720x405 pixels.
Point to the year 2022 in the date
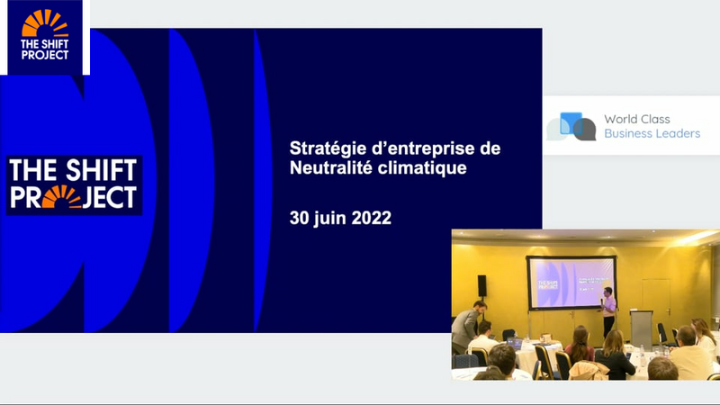[x=372, y=218]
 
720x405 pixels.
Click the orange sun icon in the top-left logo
[x=45, y=23]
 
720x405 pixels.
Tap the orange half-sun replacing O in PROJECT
[x=61, y=197]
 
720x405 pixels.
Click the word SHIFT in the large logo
[x=101, y=170]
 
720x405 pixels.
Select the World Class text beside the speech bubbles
[x=637, y=119]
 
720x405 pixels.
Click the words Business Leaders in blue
[x=652, y=133]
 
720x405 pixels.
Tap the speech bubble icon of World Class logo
[x=571, y=126]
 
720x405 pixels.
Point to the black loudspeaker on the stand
[x=481, y=285]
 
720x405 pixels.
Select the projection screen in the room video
[x=571, y=283]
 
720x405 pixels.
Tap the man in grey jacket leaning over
[x=467, y=325]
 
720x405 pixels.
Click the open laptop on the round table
[x=515, y=343]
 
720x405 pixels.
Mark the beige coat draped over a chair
[x=589, y=370]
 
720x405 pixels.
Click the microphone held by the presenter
[x=602, y=301]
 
